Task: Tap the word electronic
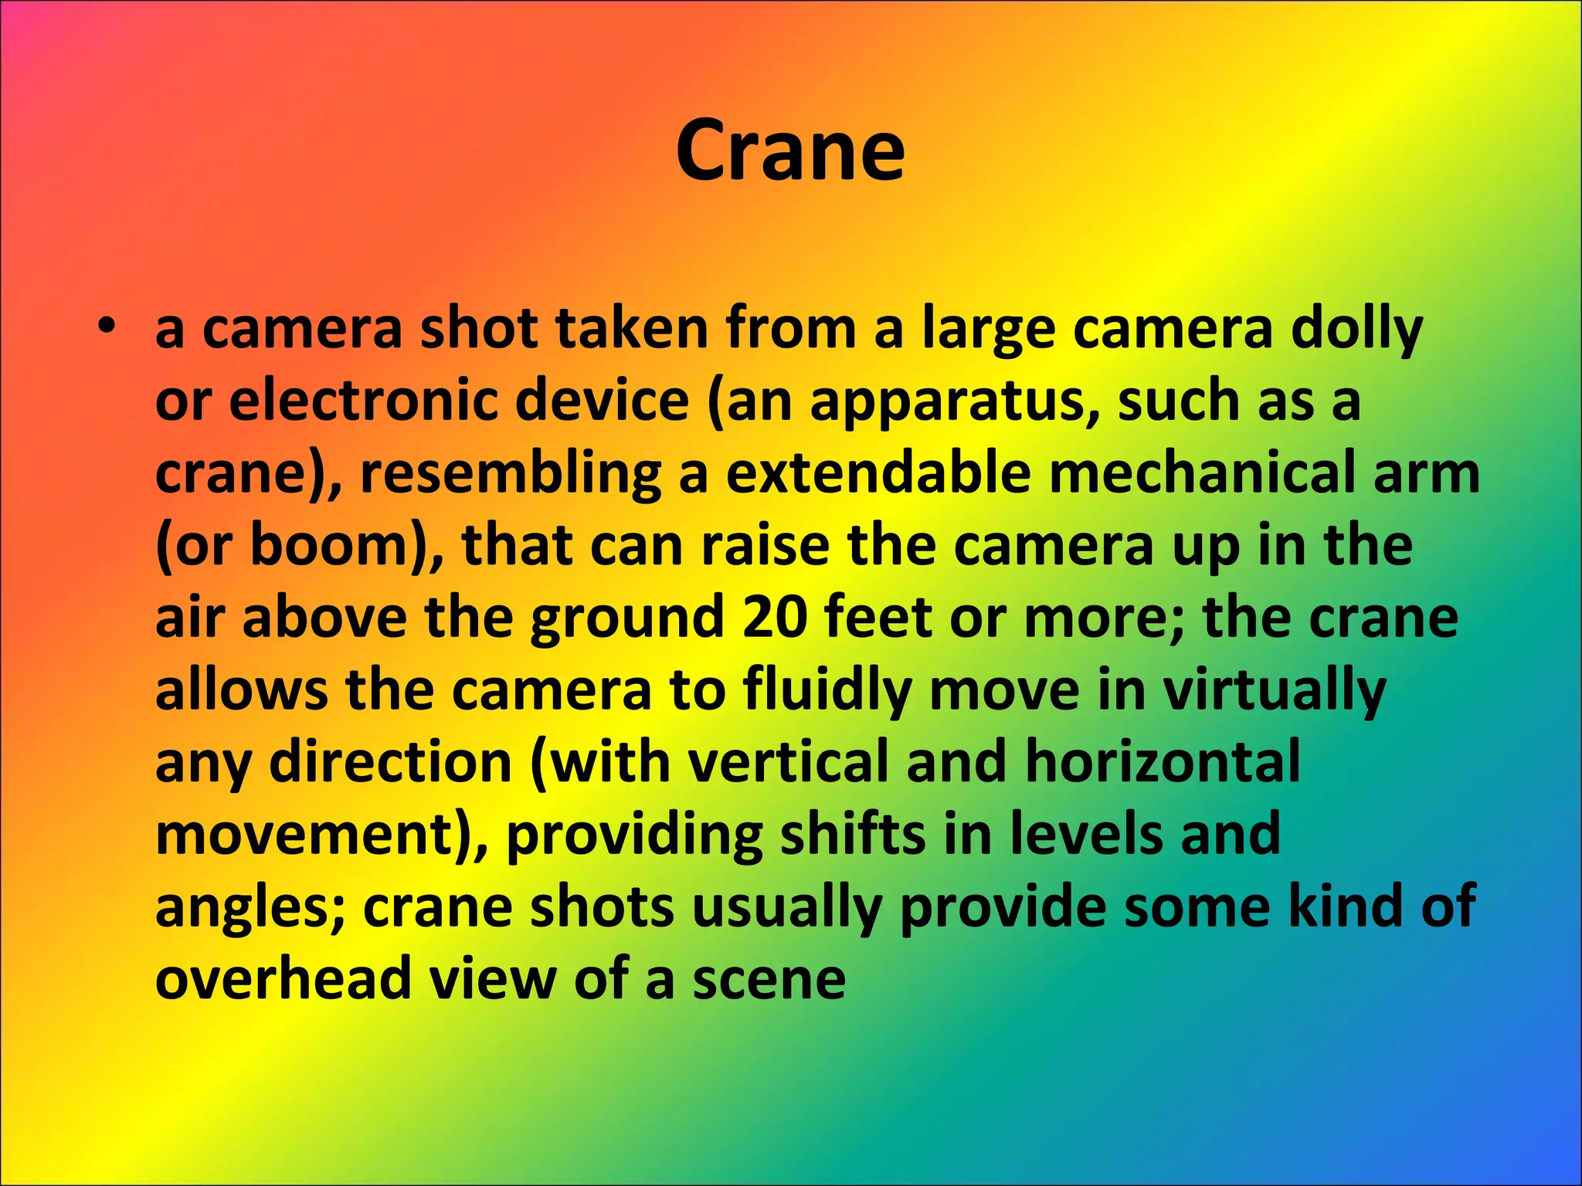point(459,402)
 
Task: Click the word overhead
point(283,978)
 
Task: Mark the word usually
point(786,909)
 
